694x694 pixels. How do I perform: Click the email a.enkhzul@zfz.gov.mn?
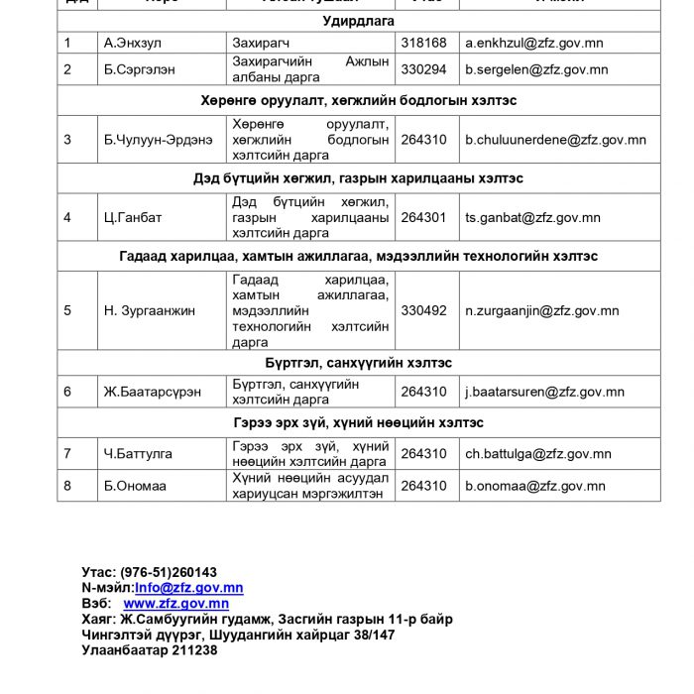click(x=534, y=44)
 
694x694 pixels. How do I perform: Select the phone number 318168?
click(x=423, y=44)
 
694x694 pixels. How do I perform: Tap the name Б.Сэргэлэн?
click(x=140, y=69)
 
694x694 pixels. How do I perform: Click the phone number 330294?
click(x=423, y=69)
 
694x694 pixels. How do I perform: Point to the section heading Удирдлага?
click(x=358, y=21)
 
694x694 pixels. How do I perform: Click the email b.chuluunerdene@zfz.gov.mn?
click(x=555, y=140)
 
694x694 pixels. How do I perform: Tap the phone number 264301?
click(x=423, y=217)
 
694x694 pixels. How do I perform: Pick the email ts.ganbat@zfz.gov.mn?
click(x=532, y=217)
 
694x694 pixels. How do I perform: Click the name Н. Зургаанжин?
click(x=150, y=310)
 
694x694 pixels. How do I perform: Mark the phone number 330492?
click(x=423, y=310)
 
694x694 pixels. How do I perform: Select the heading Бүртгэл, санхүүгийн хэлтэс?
click(x=358, y=363)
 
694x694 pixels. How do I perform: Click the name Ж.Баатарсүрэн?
click(x=153, y=392)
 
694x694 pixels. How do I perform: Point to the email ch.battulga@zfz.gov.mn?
click(x=538, y=454)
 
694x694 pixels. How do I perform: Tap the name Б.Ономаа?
click(x=136, y=486)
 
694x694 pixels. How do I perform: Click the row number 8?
click(x=67, y=486)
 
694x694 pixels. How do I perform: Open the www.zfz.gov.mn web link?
click(x=175, y=603)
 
